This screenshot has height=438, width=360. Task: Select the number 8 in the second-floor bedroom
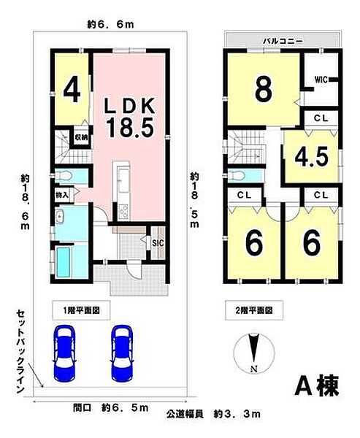(x=264, y=91)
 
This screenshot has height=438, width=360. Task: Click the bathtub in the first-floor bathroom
(x=66, y=261)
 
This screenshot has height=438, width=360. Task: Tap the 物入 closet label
(x=62, y=196)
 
